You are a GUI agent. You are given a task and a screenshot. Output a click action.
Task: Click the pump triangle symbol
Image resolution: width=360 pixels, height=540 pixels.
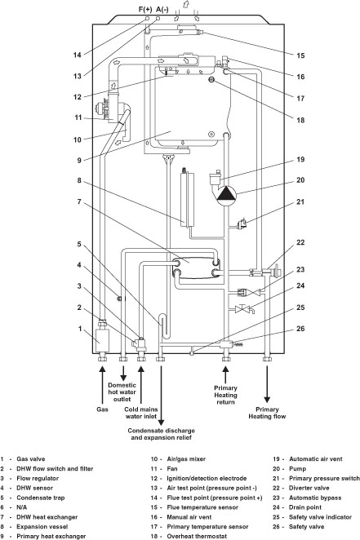(221, 194)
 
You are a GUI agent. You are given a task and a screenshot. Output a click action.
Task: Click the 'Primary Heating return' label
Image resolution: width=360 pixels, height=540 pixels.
(225, 393)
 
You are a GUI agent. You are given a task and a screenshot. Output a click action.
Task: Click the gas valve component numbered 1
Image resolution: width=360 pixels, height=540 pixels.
(102, 334)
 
